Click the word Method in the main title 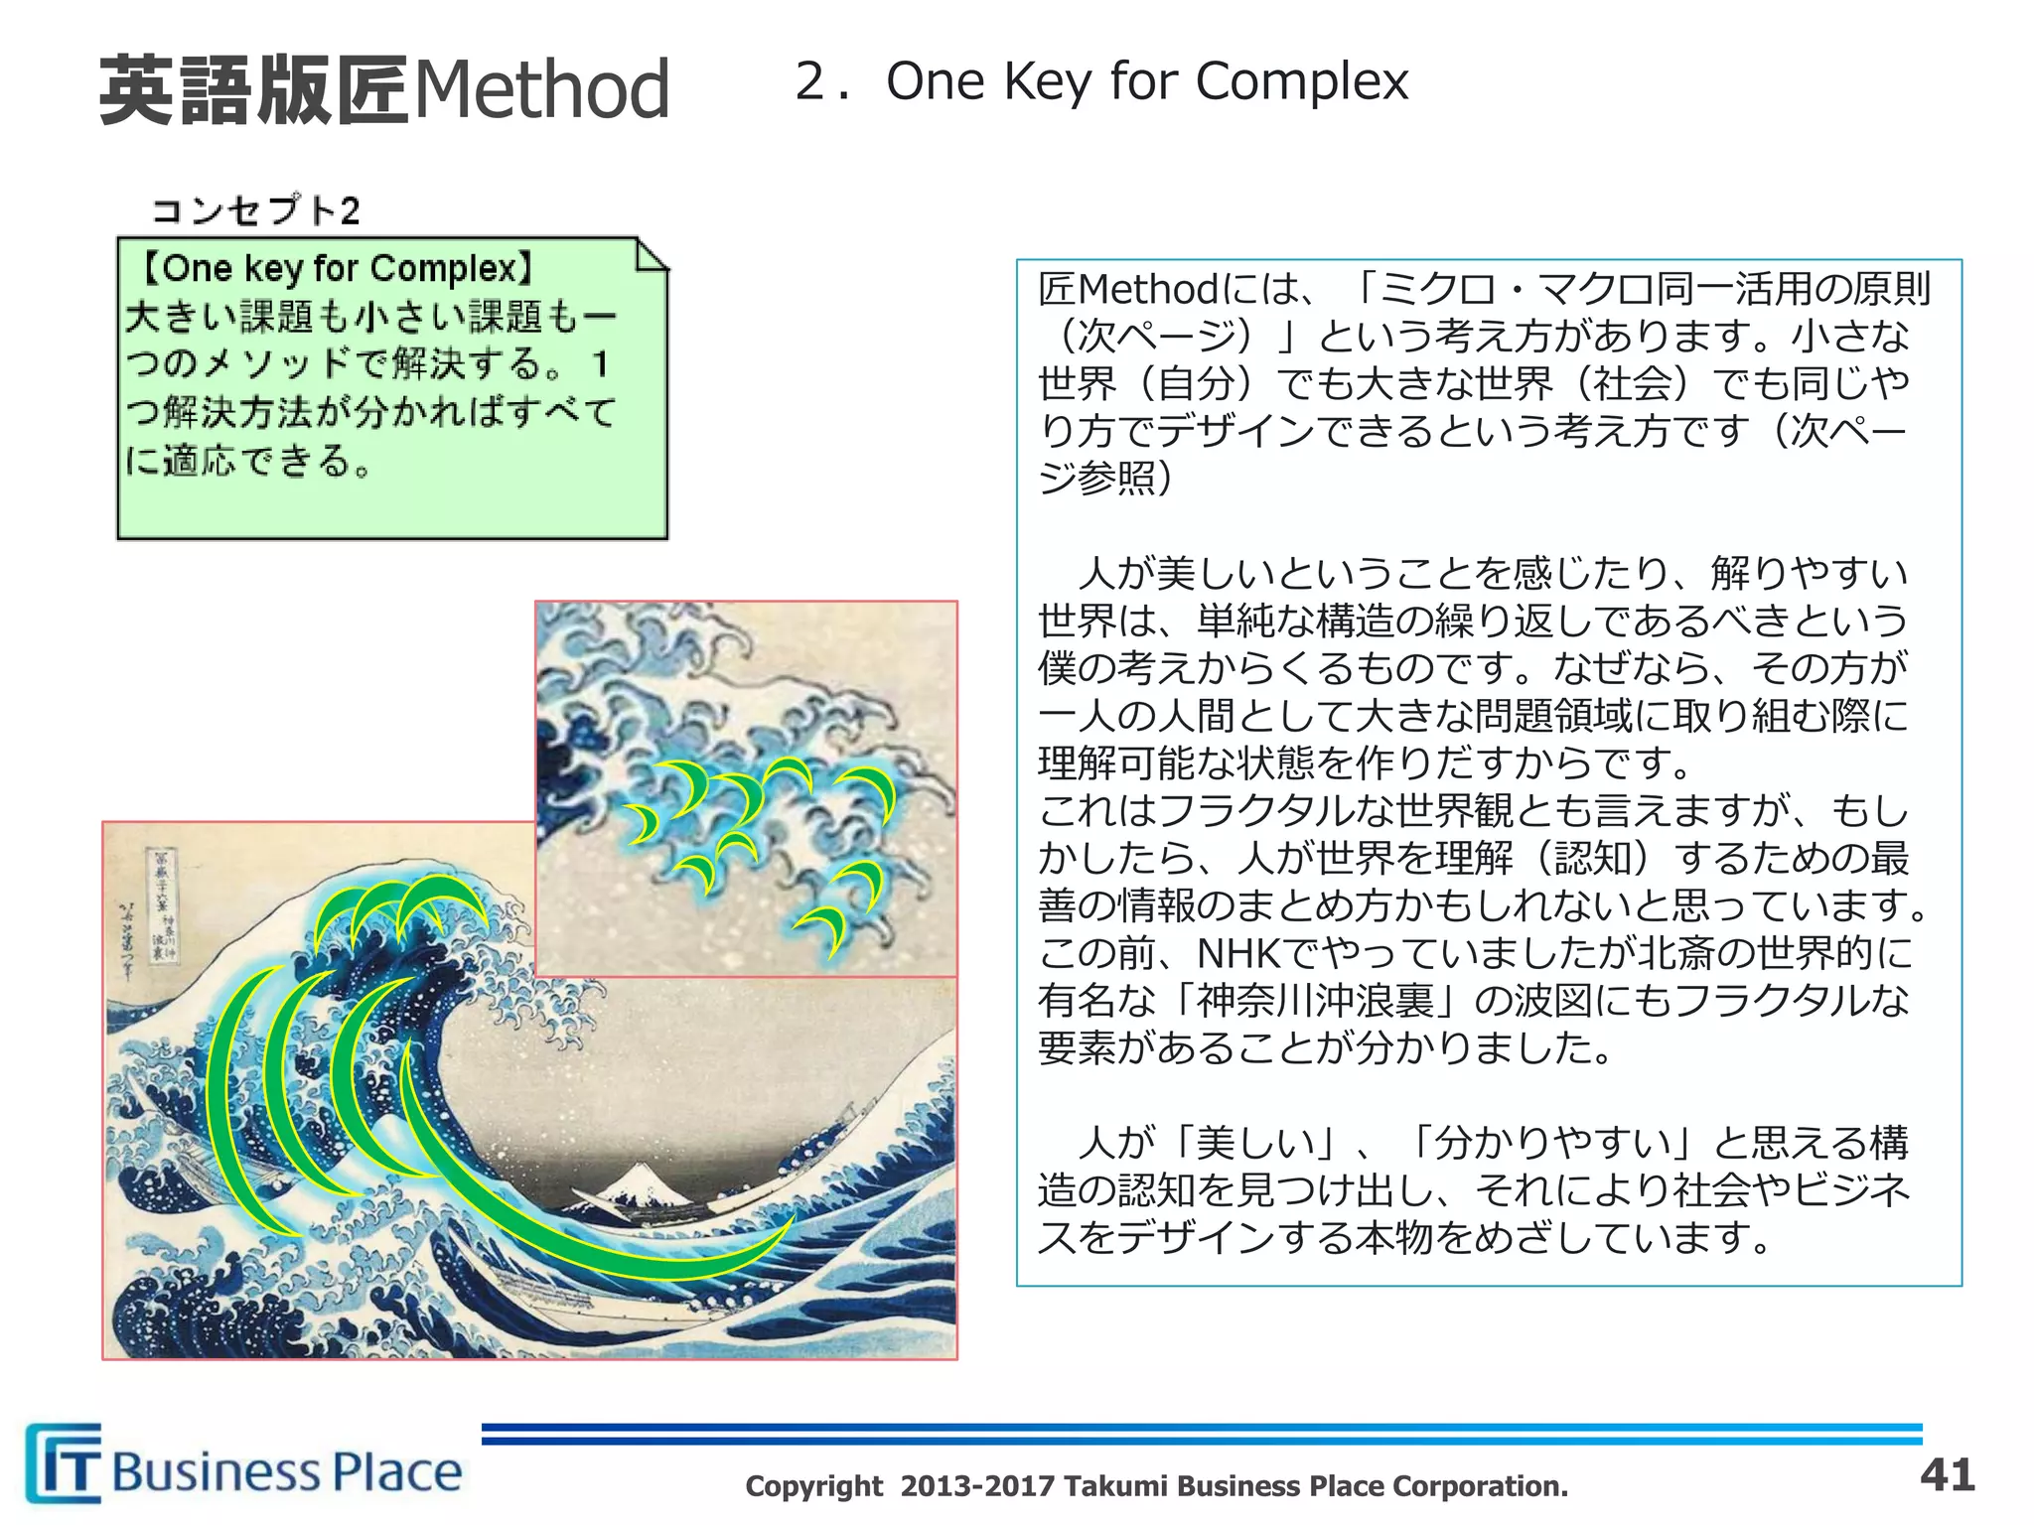(x=541, y=89)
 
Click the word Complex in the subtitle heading (x=1302, y=81)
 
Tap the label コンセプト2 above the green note (x=255, y=210)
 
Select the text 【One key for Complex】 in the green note (x=336, y=268)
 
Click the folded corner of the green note (x=651, y=255)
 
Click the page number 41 (x=1948, y=1474)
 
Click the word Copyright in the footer (x=813, y=1486)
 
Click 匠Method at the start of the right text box (x=1128, y=290)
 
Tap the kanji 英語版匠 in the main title (x=253, y=89)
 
